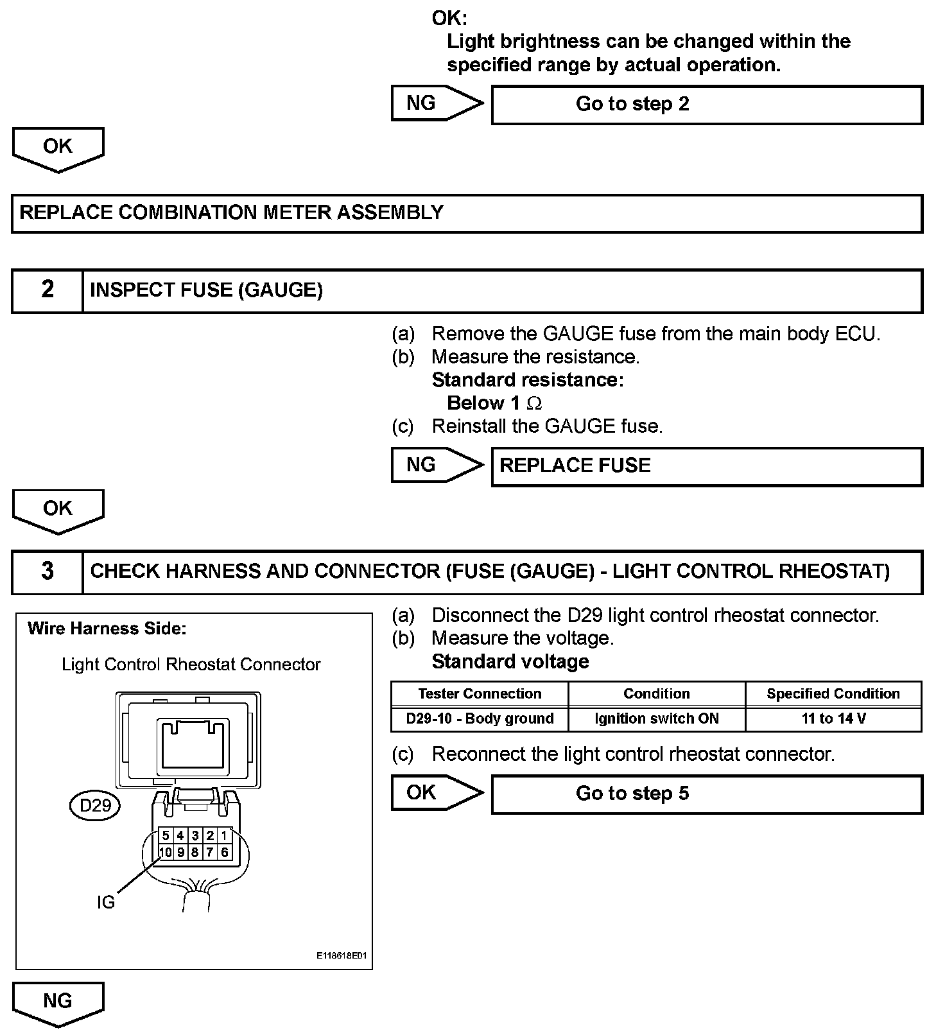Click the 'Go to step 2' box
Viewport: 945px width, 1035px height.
[x=706, y=105]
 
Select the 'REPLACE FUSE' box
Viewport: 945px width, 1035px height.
[x=706, y=466]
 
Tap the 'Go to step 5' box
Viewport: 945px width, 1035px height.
[x=706, y=794]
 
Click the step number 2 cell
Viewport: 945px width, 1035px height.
[x=48, y=290]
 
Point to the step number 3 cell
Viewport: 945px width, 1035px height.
[x=48, y=571]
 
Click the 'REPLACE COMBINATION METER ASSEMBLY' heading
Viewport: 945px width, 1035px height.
[x=231, y=213]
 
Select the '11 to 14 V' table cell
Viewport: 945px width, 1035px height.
[x=833, y=719]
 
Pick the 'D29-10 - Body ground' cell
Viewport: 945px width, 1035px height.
[x=480, y=719]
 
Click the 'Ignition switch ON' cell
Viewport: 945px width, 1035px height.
[x=656, y=719]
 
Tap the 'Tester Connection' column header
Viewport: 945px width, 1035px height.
[x=480, y=694]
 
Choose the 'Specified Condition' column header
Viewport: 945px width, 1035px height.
[x=833, y=694]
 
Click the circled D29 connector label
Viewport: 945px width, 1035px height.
[x=95, y=805]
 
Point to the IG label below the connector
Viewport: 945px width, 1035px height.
[x=105, y=903]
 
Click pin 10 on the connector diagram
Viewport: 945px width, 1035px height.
[x=166, y=853]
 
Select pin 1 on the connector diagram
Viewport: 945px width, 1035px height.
[x=224, y=835]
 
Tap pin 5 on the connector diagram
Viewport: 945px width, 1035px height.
[x=166, y=835]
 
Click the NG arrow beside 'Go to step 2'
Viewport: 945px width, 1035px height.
[x=437, y=103]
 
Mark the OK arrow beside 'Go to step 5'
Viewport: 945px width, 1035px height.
[x=437, y=793]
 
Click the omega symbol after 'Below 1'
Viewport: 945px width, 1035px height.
[x=534, y=404]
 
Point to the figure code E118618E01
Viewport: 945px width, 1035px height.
[x=342, y=956]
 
